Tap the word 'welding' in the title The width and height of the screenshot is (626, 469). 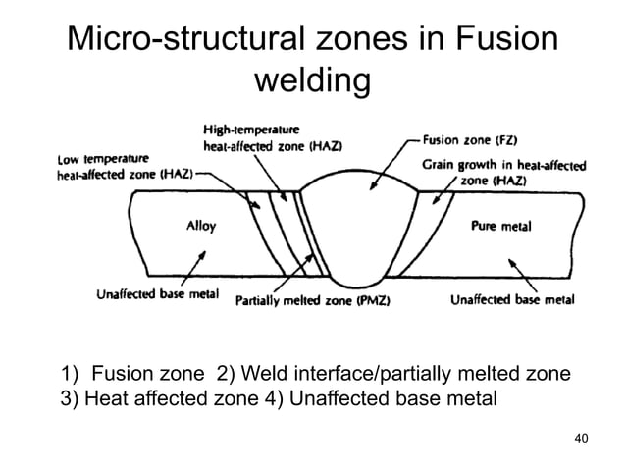(312, 81)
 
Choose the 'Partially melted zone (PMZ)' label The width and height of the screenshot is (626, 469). (313, 301)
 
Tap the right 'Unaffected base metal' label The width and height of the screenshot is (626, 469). (511, 301)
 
